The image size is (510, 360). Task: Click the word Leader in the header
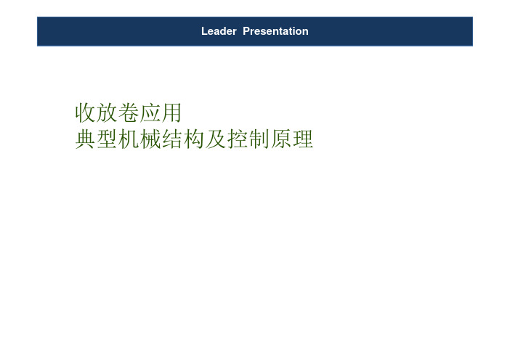click(219, 31)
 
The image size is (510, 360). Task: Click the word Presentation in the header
click(275, 31)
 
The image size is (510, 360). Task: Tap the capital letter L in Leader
click(204, 31)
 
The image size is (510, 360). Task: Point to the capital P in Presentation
click(246, 31)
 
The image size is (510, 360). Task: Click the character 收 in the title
click(85, 112)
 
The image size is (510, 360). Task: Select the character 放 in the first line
click(107, 112)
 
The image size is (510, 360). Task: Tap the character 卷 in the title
click(129, 112)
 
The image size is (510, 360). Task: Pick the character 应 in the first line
click(150, 112)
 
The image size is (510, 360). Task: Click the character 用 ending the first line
click(171, 112)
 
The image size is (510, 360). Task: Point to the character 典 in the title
click(85, 139)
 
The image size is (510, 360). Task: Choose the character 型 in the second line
click(107, 139)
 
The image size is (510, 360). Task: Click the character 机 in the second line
click(129, 139)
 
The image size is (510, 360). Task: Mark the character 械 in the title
click(150, 139)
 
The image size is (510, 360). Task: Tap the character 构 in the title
click(194, 139)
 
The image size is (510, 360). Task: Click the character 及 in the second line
click(216, 139)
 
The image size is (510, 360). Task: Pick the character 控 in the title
click(238, 139)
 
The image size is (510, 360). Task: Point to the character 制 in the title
click(259, 139)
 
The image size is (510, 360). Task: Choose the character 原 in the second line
click(281, 139)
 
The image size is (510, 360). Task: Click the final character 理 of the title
click(303, 139)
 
